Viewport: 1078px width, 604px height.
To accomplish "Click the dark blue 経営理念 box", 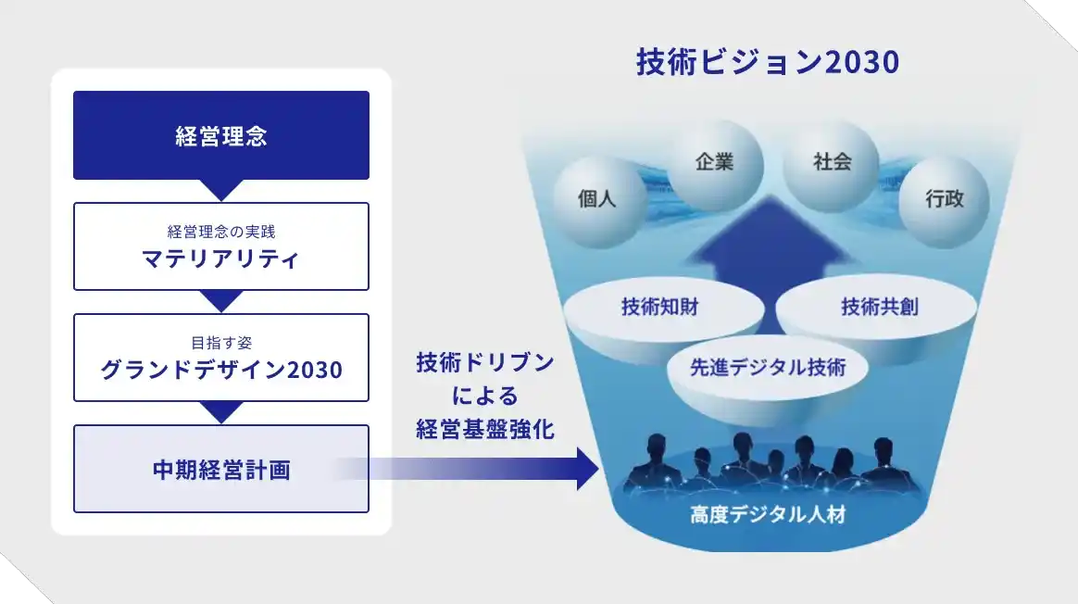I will tap(221, 135).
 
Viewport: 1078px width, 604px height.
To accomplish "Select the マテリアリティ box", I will tap(221, 246).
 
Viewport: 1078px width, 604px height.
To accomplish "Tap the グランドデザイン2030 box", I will tap(221, 358).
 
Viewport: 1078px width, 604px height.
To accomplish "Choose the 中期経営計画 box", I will tap(221, 469).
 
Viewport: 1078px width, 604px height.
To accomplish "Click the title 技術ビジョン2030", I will tap(768, 62).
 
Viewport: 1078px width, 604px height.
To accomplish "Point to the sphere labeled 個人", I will tap(596, 200).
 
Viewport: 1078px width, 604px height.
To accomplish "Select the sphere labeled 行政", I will tap(944, 200).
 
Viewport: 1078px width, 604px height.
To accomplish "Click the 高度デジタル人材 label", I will tap(768, 515).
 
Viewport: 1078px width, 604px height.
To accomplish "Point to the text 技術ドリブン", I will tap(485, 363).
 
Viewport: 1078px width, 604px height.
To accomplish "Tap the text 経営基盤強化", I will tap(485, 430).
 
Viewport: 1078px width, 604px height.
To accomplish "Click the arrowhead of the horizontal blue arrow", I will tap(589, 469).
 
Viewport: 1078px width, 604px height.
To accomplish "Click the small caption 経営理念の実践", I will tap(221, 232).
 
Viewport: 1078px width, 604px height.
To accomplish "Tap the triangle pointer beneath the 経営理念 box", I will tap(221, 190).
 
